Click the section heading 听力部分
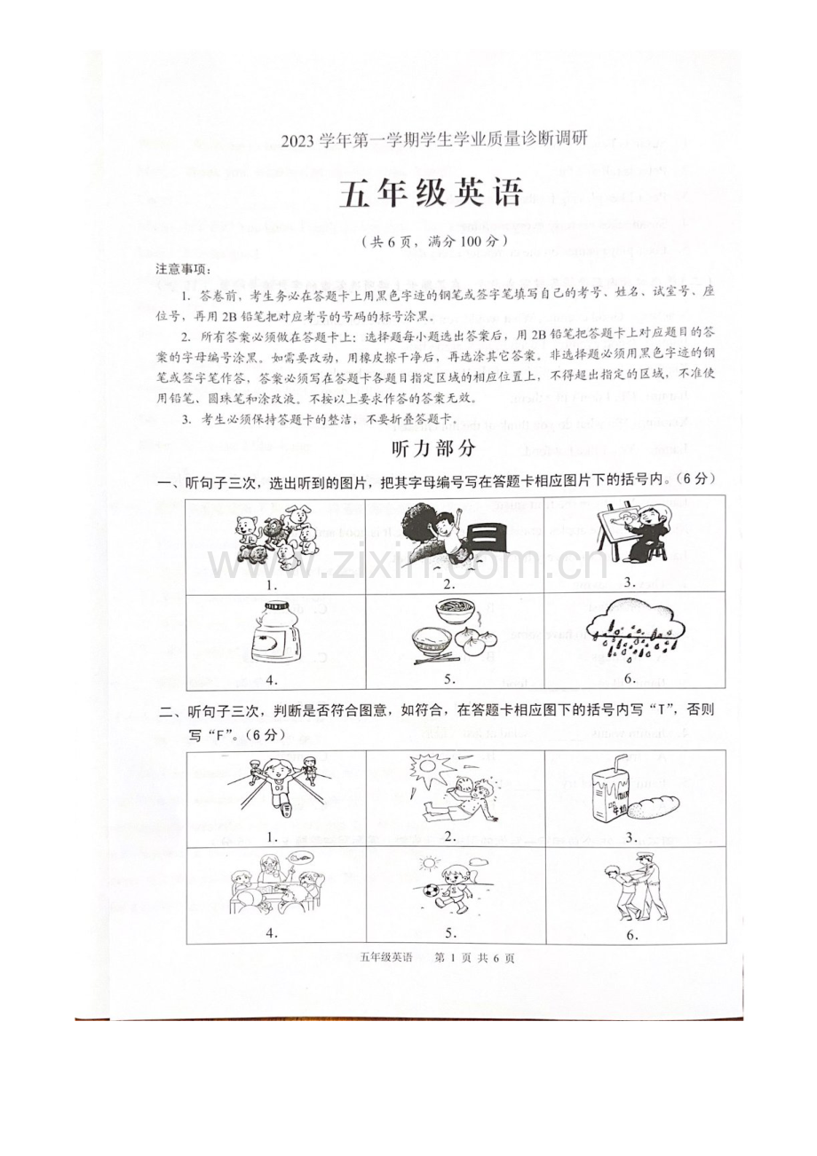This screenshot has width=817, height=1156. coord(433,449)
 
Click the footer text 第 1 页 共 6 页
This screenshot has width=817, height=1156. coord(472,958)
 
